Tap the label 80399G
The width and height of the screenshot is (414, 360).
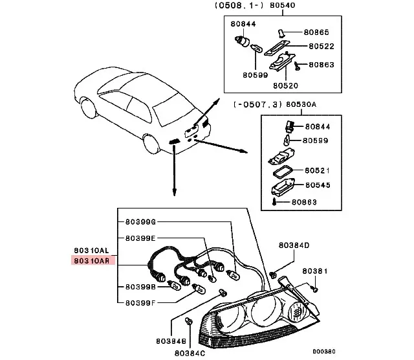pyautogui.click(x=140, y=222)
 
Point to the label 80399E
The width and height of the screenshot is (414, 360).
pyautogui.click(x=140, y=238)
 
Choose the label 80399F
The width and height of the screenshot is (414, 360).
pyautogui.click(x=140, y=301)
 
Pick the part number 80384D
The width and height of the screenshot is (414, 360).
pyautogui.click(x=294, y=245)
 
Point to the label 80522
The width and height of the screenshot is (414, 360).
pyautogui.click(x=321, y=46)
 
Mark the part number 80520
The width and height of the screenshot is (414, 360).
pyautogui.click(x=285, y=85)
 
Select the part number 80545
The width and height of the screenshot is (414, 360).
pyautogui.click(x=317, y=185)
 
